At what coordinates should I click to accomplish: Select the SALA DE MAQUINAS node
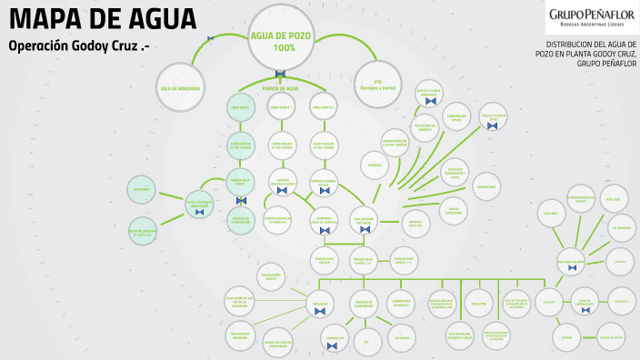pyautogui.click(x=179, y=88)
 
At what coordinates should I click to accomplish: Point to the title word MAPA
pyautogui.click(x=45, y=19)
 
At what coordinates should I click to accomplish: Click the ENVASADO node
pyautogui.click(x=319, y=304)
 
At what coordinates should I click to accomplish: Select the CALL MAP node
pyautogui.click(x=550, y=214)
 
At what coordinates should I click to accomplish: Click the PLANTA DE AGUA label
pyautogui.click(x=280, y=89)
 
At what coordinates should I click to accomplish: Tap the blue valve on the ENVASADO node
pyautogui.click(x=319, y=313)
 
